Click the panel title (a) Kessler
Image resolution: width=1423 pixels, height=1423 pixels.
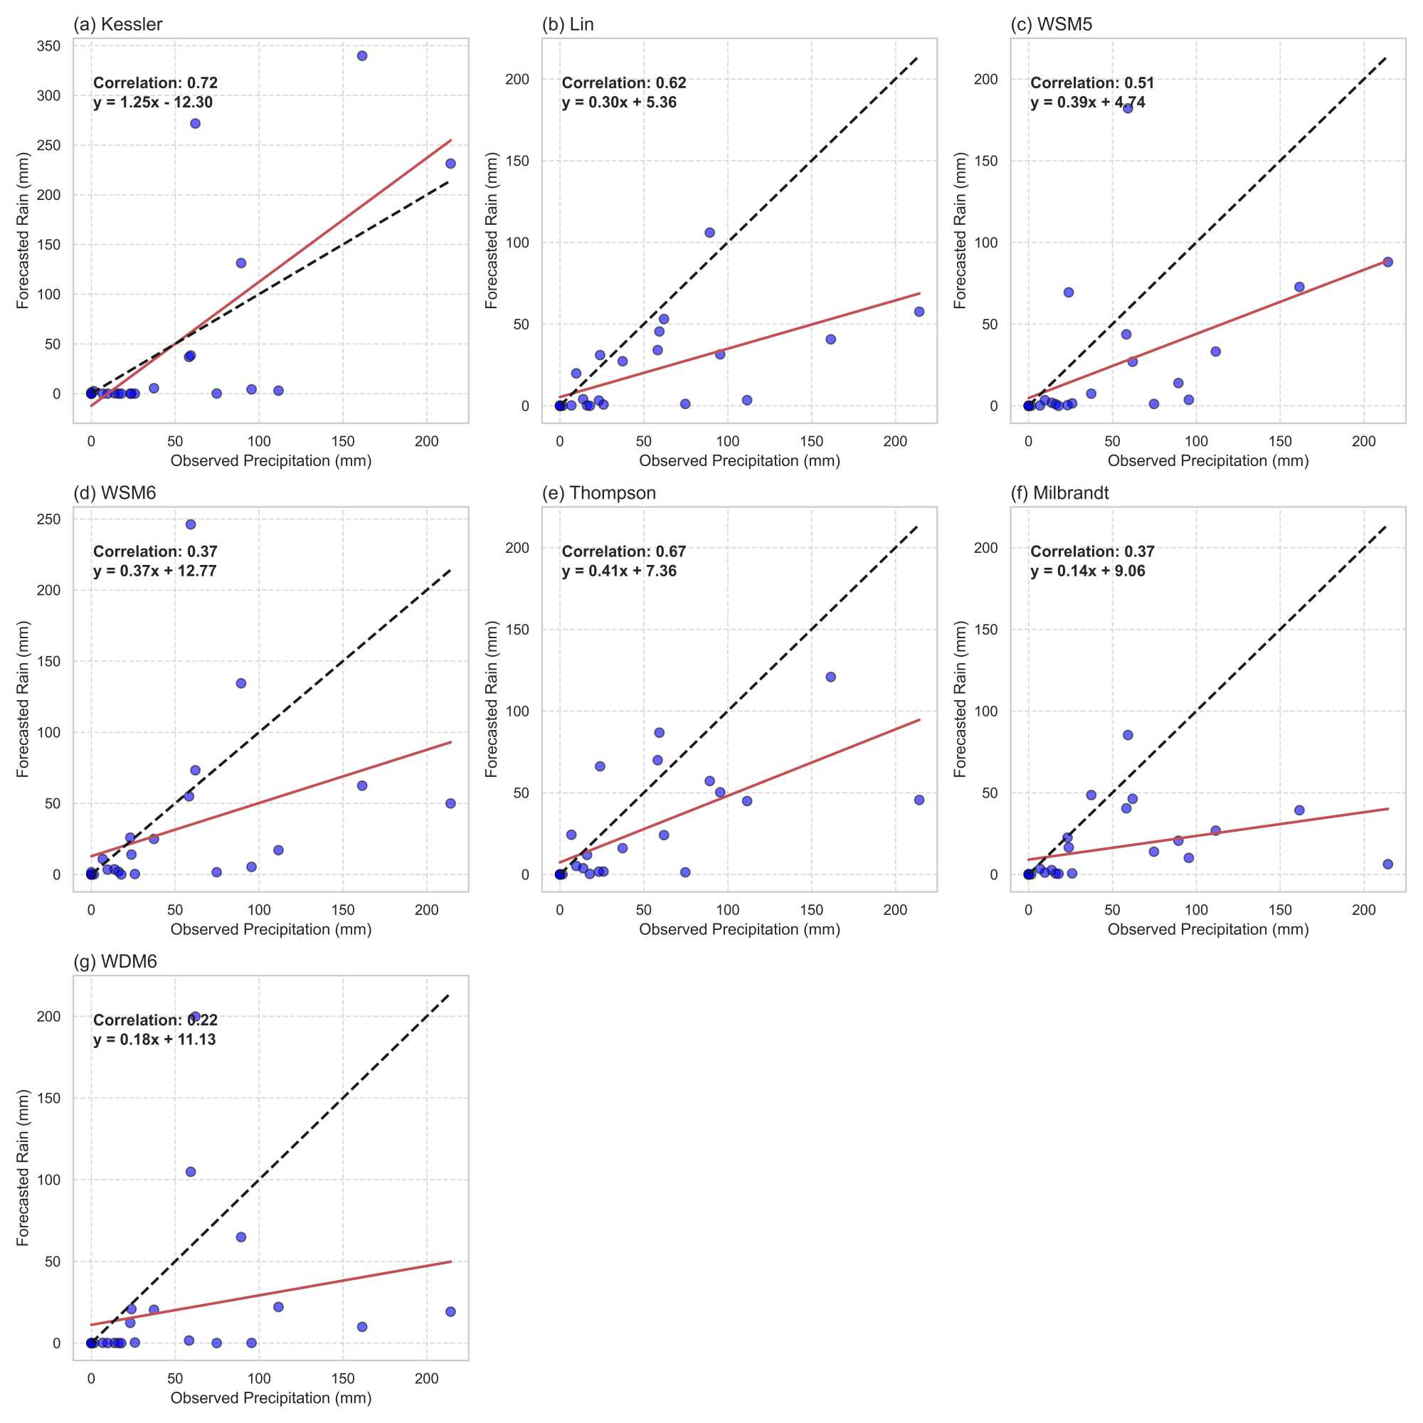[118, 24]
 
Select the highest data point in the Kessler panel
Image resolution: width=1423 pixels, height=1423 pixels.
[361, 56]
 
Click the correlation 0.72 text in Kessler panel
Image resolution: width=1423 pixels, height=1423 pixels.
[155, 83]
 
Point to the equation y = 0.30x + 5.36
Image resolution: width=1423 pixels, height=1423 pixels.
[619, 102]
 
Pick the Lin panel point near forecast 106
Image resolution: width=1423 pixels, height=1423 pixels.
[709, 233]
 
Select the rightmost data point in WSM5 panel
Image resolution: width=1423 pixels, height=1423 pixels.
[1387, 263]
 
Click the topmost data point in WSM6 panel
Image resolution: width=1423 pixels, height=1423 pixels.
[191, 524]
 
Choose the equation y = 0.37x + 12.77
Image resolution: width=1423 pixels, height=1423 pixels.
[154, 571]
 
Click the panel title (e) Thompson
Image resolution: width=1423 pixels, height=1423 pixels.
[599, 493]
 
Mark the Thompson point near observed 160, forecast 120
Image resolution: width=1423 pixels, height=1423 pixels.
[831, 677]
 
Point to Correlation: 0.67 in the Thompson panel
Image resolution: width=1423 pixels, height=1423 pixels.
[624, 551]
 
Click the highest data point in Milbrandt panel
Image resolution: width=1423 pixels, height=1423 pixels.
[1128, 735]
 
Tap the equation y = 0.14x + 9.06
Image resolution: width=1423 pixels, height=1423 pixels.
[1087, 571]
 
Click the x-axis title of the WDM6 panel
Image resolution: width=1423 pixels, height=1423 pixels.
[271, 1398]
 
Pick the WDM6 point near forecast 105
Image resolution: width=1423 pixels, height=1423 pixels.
[191, 1172]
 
